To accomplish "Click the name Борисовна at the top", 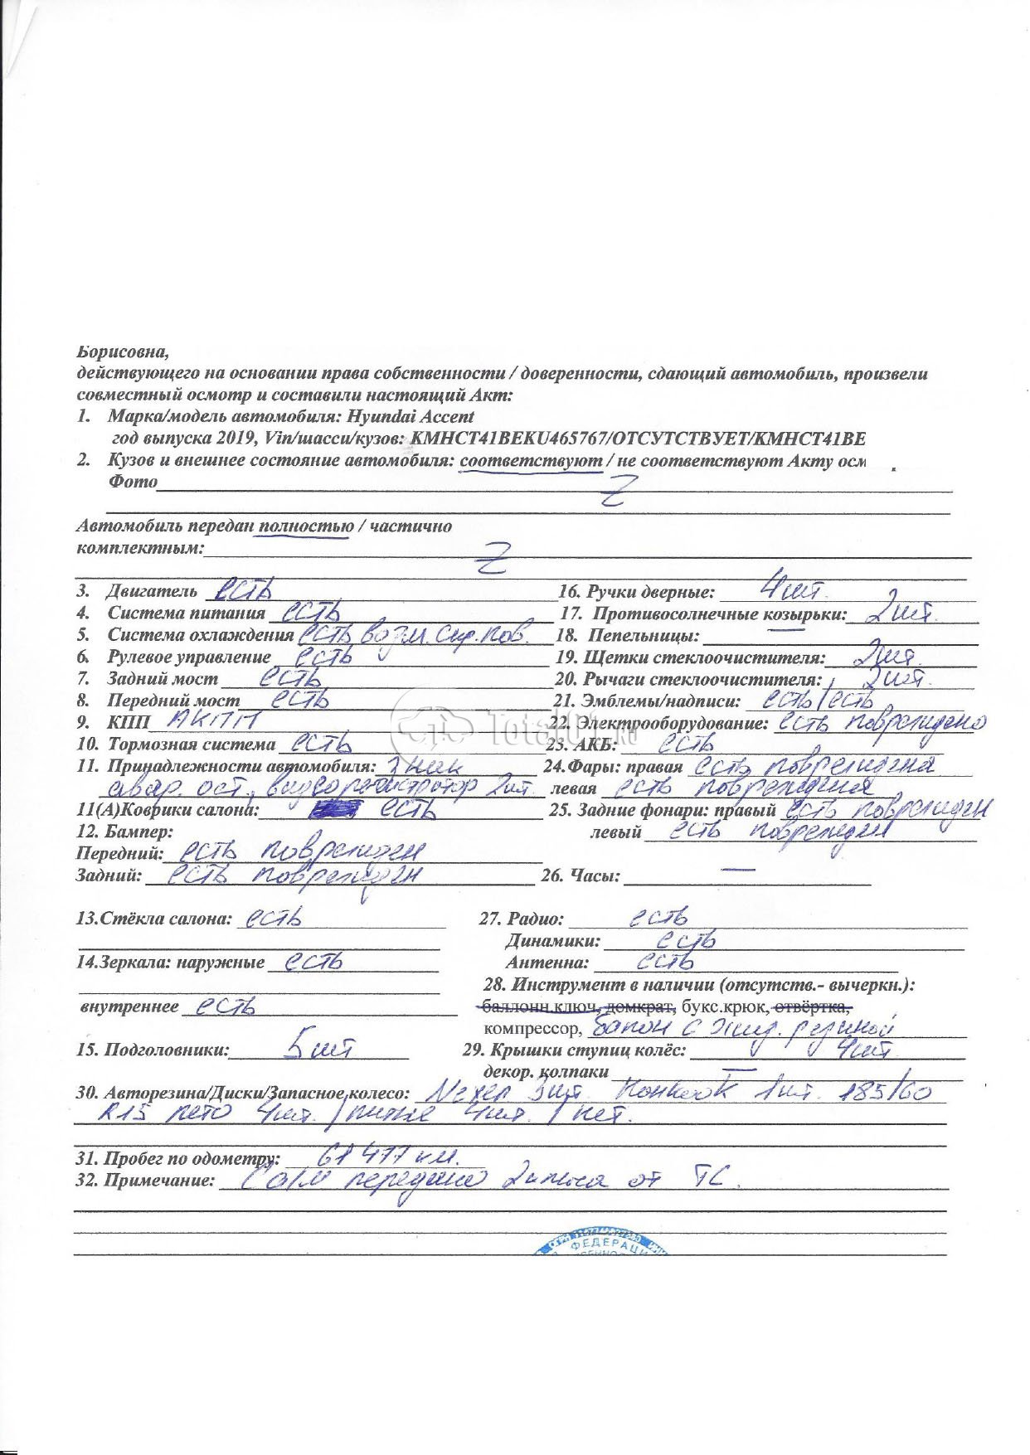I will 122,352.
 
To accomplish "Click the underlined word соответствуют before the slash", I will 531,461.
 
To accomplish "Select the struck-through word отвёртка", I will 811,1006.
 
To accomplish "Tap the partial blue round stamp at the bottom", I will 601,1243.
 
